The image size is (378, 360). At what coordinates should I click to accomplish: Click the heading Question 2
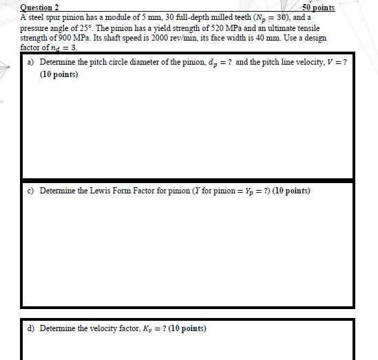click(x=39, y=8)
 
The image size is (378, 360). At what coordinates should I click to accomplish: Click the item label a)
click(x=31, y=62)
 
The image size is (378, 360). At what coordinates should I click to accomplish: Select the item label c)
click(x=31, y=191)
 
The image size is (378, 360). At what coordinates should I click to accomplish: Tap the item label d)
click(x=31, y=328)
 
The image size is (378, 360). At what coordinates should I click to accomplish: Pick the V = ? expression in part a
click(x=337, y=62)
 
